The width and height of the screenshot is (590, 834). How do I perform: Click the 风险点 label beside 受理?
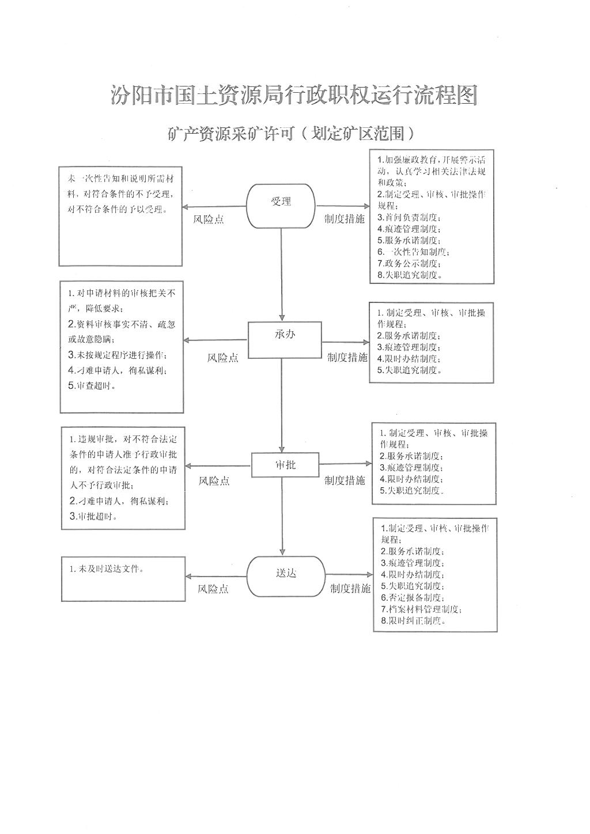pyautogui.click(x=209, y=219)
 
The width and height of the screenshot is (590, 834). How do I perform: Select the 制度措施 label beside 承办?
pyautogui.click(x=347, y=358)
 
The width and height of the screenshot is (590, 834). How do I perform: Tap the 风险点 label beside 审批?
pyautogui.click(x=214, y=481)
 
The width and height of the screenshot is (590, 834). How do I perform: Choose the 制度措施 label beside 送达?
pyautogui.click(x=350, y=588)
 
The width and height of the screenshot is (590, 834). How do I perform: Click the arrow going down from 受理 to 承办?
pyautogui.click(x=282, y=275)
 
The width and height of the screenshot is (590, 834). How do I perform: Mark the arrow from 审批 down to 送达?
pyautogui.click(x=282, y=517)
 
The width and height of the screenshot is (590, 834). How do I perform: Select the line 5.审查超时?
pyautogui.click(x=92, y=386)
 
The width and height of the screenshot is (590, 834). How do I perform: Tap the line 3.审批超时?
pyautogui.click(x=93, y=516)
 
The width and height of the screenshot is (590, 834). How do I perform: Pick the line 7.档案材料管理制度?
pyautogui.click(x=422, y=609)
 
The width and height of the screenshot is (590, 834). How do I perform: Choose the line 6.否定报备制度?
pyautogui.click(x=413, y=598)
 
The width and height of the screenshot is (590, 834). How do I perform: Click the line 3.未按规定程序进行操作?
pyautogui.click(x=118, y=355)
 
